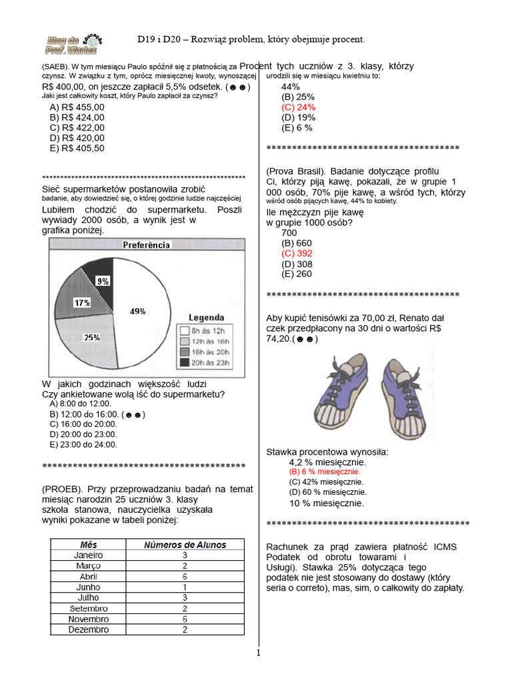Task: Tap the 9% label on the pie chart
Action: tap(103, 281)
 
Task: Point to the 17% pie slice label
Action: tap(82, 303)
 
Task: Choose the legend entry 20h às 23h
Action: tap(205, 362)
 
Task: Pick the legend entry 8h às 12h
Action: tap(205, 330)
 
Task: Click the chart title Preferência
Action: tap(147, 245)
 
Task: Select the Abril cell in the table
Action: tap(89, 576)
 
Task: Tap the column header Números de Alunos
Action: tap(185, 545)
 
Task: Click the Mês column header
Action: tap(89, 545)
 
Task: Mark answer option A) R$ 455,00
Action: tap(77, 107)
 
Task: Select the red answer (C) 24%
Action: tap(298, 107)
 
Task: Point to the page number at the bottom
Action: tap(258, 653)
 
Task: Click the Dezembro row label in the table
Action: tap(89, 629)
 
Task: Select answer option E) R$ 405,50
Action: tap(77, 149)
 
